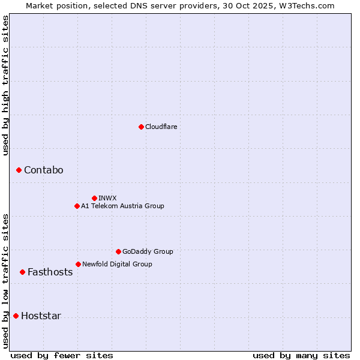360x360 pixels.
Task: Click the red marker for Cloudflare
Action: (141, 127)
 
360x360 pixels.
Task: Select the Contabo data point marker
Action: (19, 170)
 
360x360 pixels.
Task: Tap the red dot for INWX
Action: (94, 198)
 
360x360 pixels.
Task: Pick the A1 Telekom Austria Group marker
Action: (77, 206)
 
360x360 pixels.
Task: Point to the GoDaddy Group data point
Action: (118, 251)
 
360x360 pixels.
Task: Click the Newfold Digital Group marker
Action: (78, 264)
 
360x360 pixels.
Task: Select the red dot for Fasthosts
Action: (22, 272)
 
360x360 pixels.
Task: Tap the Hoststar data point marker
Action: (16, 316)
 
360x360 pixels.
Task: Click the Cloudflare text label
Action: (161, 127)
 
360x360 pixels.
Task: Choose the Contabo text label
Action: (43, 170)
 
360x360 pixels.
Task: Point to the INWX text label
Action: (107, 198)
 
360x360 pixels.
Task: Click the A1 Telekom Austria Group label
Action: (122, 206)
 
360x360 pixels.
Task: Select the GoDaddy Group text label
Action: (148, 251)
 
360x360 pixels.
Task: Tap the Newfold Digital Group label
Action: (117, 264)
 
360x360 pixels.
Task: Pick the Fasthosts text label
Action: (50, 272)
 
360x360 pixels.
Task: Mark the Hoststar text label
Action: (41, 316)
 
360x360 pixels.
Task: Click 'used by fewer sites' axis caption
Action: (62, 355)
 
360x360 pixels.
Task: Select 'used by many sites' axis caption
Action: (301, 355)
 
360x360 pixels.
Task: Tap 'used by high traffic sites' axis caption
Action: (5, 85)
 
